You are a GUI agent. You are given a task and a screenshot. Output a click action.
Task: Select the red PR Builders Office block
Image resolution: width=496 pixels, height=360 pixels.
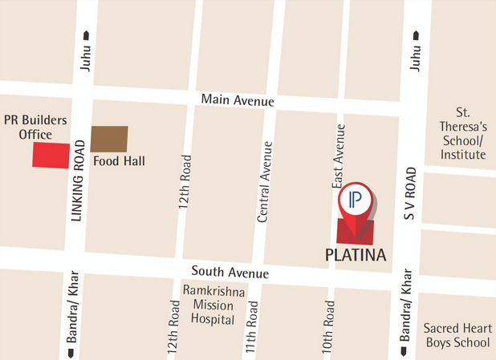[51, 155]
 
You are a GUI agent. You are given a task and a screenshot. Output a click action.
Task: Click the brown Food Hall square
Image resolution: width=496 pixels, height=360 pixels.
[108, 140]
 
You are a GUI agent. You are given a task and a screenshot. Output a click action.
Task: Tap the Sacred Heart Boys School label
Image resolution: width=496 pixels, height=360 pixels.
[456, 335]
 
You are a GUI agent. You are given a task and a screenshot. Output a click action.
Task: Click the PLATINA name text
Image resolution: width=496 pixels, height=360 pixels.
[356, 256]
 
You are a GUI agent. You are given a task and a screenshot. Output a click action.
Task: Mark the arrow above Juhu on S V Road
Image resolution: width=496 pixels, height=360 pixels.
[415, 35]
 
